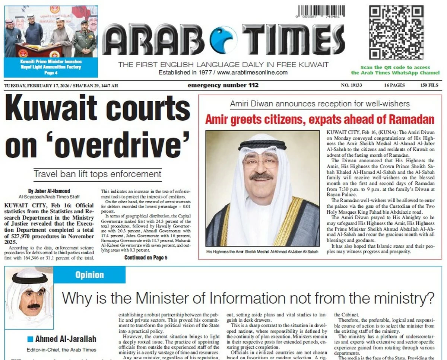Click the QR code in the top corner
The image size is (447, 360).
click(x=396, y=33)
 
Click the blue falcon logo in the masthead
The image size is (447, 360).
click(x=223, y=39)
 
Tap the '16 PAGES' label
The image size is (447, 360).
click(x=394, y=85)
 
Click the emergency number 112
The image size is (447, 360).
click(x=223, y=85)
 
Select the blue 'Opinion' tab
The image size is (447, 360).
click(x=89, y=275)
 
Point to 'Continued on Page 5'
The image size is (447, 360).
click(x=146, y=258)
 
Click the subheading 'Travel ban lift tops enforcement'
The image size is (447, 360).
click(x=98, y=174)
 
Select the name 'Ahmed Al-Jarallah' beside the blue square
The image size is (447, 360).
click(x=66, y=339)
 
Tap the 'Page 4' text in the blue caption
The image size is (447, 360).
click(x=51, y=73)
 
